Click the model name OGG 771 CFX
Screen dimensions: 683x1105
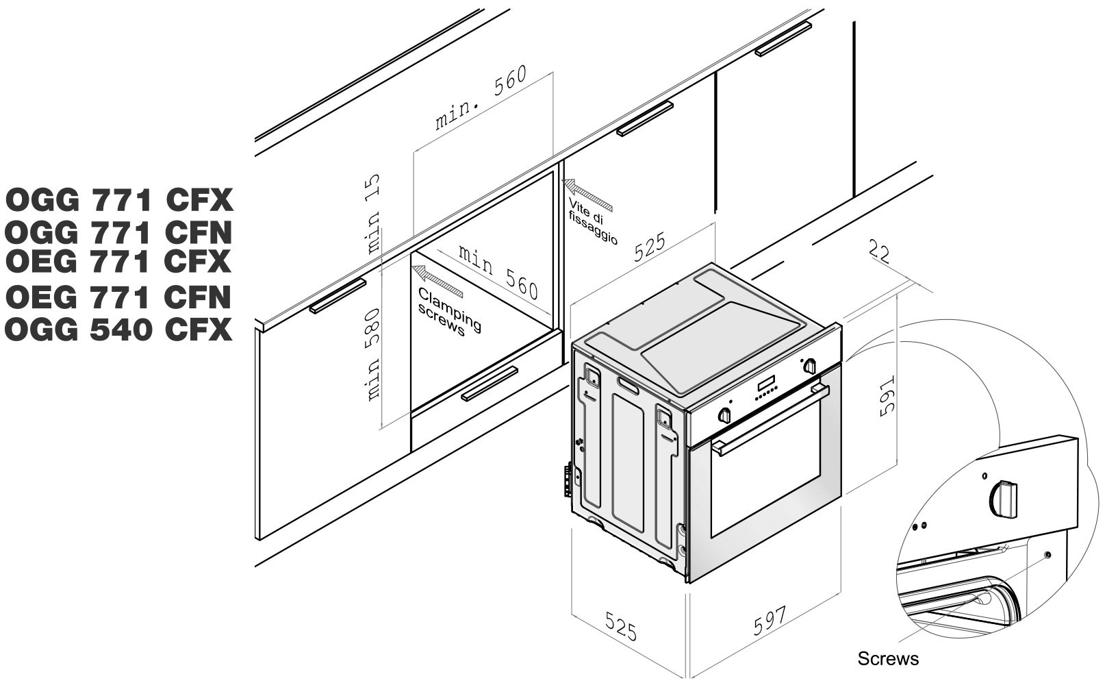pos(119,201)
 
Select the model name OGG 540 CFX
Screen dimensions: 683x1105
pos(119,330)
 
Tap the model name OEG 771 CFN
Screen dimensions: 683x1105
pos(119,297)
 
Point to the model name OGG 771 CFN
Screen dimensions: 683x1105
pos(119,233)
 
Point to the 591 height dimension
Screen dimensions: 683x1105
pos(886,395)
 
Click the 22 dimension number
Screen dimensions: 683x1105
pos(879,252)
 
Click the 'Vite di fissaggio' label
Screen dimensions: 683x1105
pos(591,221)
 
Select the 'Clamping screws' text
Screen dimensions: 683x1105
pos(448,312)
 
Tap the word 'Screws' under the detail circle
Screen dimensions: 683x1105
pos(888,659)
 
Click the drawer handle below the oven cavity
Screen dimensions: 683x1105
pos(489,384)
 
